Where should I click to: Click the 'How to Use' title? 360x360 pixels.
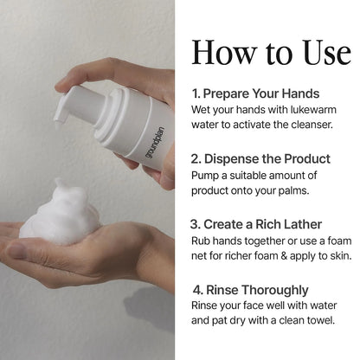coord(272,53)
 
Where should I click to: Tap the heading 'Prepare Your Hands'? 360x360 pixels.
coord(261,93)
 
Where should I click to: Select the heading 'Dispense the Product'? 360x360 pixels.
coord(267,159)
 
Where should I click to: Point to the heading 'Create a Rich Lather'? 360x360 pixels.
coord(262,224)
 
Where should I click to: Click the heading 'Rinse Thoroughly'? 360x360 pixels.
coord(257,290)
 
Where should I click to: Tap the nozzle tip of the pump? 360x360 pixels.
coord(58,119)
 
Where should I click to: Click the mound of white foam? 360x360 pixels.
coord(61,215)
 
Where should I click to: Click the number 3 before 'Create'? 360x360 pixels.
coord(194,224)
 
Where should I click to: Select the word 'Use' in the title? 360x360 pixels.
coord(327,53)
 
